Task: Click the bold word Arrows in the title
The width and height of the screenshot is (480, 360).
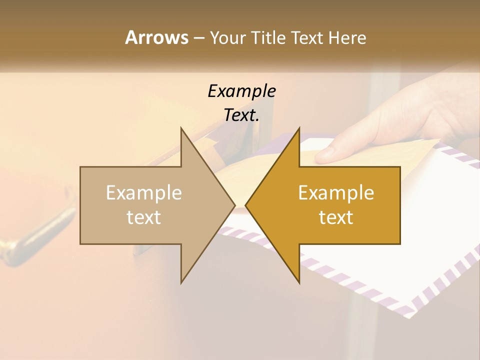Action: click(x=156, y=37)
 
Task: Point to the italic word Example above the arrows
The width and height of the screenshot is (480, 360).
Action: click(x=241, y=91)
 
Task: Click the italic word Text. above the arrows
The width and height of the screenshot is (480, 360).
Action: click(x=241, y=115)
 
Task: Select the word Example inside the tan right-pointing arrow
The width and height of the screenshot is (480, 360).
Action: click(x=144, y=193)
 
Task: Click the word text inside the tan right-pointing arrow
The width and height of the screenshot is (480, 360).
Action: click(x=144, y=217)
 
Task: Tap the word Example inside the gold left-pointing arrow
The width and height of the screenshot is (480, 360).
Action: click(x=336, y=193)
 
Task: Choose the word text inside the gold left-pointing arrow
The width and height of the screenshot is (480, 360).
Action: click(x=336, y=217)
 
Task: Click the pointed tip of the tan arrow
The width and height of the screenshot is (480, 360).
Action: click(x=234, y=205)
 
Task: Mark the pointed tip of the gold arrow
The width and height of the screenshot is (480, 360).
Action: click(x=246, y=205)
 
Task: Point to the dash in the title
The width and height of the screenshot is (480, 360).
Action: click(x=198, y=37)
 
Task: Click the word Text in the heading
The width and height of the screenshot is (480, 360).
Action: click(x=307, y=37)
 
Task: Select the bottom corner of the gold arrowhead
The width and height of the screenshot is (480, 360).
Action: click(x=299, y=282)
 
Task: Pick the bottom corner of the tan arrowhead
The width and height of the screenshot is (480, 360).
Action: click(x=181, y=282)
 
